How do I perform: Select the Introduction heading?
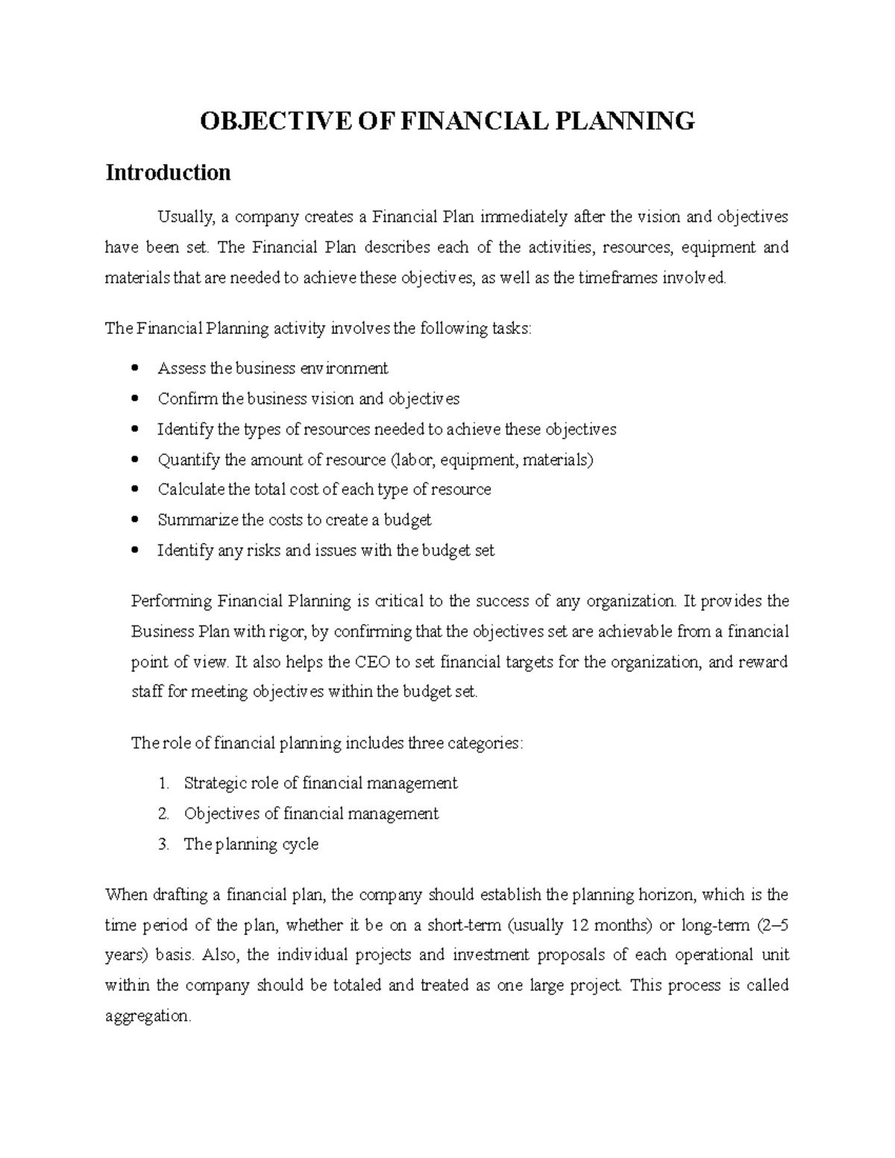coord(168,173)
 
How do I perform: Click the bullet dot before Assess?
coord(134,368)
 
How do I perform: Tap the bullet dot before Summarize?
coord(134,520)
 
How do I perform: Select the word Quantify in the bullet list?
coord(188,460)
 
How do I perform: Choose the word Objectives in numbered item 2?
coord(222,814)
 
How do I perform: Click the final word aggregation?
coord(148,1016)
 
